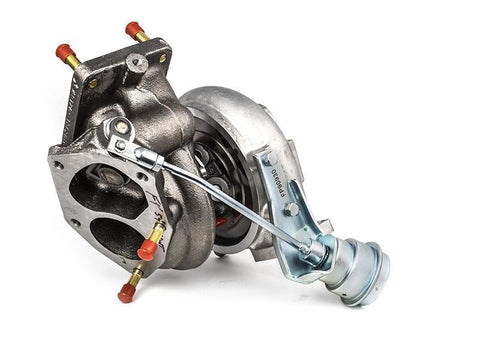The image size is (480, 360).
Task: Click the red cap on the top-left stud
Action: click(x=65, y=52)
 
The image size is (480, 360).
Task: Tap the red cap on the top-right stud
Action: click(x=133, y=30)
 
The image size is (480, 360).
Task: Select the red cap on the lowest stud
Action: click(x=127, y=293)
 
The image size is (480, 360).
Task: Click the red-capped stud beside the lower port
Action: click(x=147, y=249)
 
